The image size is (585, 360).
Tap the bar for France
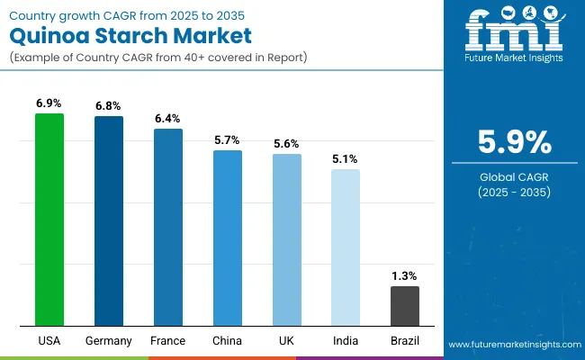(168, 227)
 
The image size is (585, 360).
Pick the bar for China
(228, 238)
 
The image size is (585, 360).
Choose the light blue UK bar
(287, 239)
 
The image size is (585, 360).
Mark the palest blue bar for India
(346, 247)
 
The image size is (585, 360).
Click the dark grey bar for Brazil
(405, 306)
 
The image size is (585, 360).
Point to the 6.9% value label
(49, 103)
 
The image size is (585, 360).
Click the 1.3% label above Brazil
(405, 275)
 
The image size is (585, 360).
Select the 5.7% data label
(228, 140)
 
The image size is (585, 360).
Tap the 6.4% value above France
(168, 118)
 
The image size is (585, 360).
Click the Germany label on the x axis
(109, 341)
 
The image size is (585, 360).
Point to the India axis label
(346, 341)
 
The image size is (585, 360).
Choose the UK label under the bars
(287, 341)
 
